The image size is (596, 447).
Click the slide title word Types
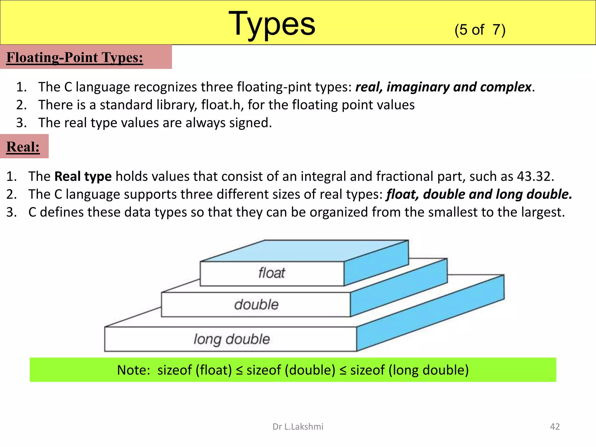272,24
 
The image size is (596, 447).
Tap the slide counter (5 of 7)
480,30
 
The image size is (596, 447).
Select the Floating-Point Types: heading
75,57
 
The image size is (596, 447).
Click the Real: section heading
23,147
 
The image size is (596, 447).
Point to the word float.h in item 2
222,105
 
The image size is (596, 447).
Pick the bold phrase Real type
83,176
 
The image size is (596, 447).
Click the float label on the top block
272,273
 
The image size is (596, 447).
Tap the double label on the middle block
256,304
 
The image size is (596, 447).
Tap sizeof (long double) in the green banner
409,370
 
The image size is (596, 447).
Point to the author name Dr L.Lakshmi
298,427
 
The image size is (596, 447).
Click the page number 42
555,427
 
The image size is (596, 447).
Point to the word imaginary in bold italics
418,87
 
